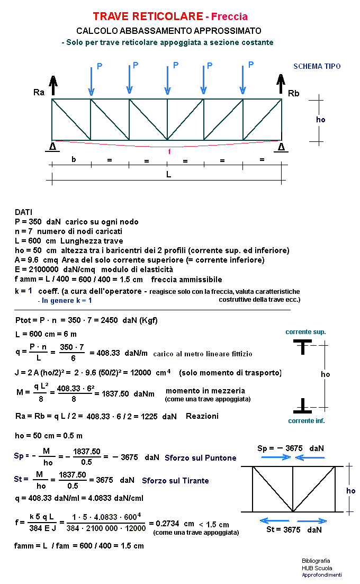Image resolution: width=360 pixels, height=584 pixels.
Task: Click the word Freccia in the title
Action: pyautogui.click(x=230, y=17)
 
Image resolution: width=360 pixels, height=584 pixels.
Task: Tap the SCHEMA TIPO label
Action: pyautogui.click(x=317, y=66)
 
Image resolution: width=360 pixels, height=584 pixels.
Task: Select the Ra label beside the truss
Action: pyautogui.click(x=39, y=93)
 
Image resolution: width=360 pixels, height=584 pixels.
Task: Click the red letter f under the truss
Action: pyautogui.click(x=169, y=151)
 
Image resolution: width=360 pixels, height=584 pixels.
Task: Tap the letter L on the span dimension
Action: pyautogui.click(x=169, y=174)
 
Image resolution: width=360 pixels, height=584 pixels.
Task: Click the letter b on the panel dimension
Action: pyautogui.click(x=74, y=159)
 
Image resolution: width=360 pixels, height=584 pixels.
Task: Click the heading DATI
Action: pyautogui.click(x=23, y=212)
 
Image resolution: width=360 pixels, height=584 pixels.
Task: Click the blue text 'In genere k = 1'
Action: pyautogui.click(x=65, y=300)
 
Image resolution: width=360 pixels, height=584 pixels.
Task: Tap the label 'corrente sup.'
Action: pyautogui.click(x=305, y=332)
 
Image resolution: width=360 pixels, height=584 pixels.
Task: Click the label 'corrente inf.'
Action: pyautogui.click(x=306, y=421)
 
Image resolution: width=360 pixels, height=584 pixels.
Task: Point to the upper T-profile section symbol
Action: pyautogui.click(x=303, y=347)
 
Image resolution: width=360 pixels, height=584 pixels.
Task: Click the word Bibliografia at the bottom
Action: pyautogui.click(x=316, y=561)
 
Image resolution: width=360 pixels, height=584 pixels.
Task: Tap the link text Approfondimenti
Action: pyautogui.click(x=321, y=575)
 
